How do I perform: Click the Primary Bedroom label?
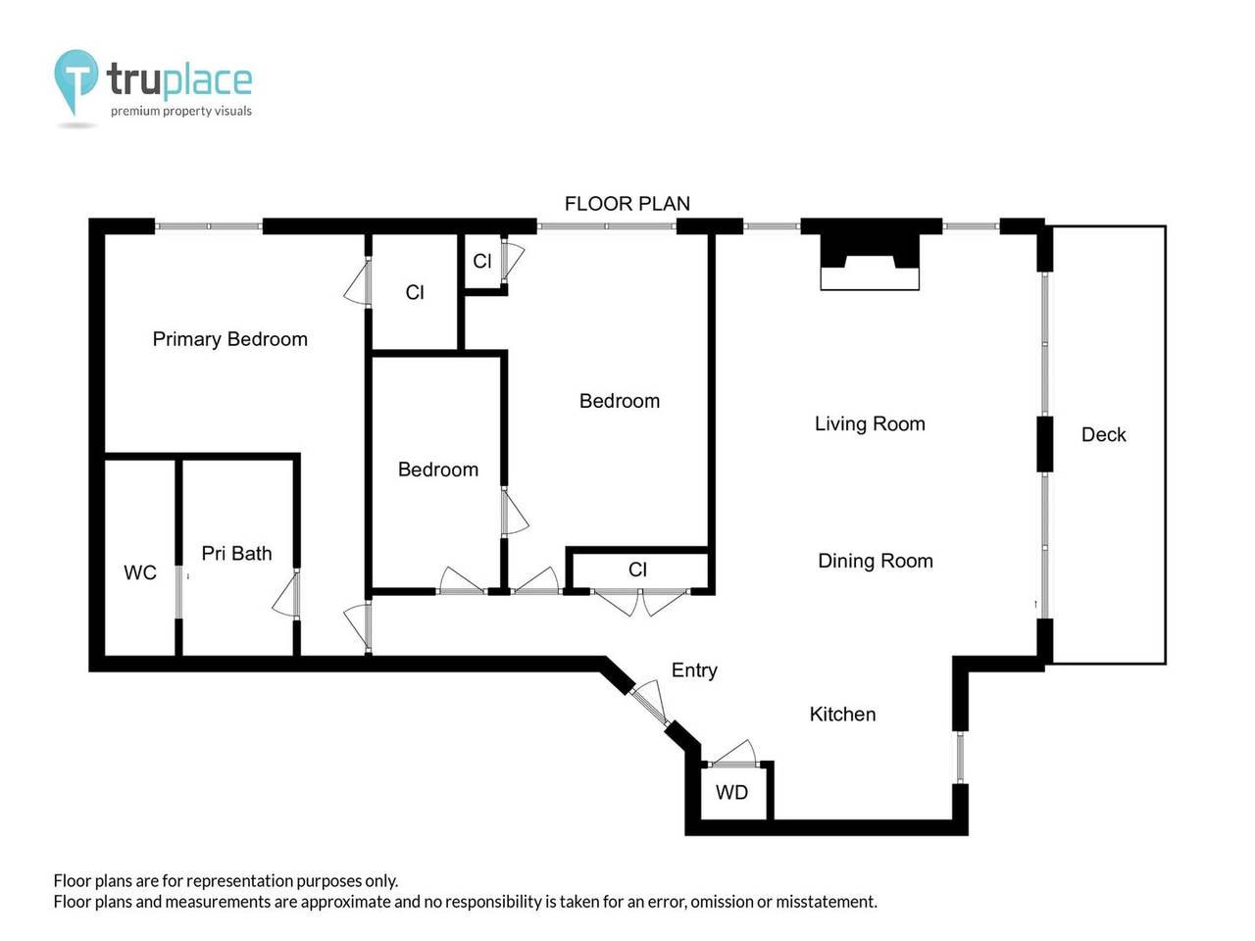[x=229, y=339]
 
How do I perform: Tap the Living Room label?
[x=870, y=423]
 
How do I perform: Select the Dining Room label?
[x=875, y=561]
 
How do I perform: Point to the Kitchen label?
[x=842, y=715]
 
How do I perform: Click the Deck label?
[x=1103, y=434]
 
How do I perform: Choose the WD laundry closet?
[x=732, y=792]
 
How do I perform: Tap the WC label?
[x=140, y=572]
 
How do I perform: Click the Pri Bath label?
[x=236, y=554]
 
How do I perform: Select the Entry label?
[x=694, y=670]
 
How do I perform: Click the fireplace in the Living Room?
[x=870, y=259]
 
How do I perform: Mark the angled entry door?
[x=647, y=704]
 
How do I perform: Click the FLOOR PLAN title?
[x=627, y=204]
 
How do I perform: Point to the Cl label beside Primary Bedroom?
[x=415, y=292]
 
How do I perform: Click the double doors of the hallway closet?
[x=639, y=599]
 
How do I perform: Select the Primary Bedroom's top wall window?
[x=209, y=226]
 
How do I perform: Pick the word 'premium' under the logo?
[x=134, y=112]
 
